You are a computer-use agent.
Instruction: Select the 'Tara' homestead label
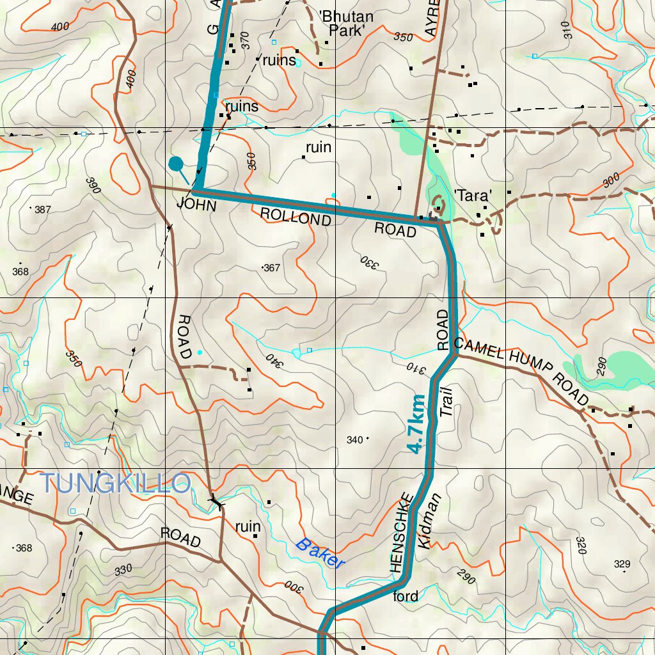pos(472,196)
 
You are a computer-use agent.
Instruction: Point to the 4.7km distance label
pos(416,424)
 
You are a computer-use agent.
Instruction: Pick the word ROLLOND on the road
pos(296,216)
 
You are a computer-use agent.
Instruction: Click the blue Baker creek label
pos(320,553)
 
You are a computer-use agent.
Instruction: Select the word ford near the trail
pos(406,596)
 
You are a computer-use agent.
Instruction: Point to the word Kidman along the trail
pos(429,521)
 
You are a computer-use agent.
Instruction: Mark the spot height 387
pos(42,210)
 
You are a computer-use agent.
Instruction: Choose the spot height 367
pos(272,268)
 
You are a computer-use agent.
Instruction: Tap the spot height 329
pos(622,564)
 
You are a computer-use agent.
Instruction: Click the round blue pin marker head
pos(175,164)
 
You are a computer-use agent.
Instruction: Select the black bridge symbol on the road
pos(217,503)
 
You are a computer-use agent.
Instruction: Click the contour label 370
pos(244,41)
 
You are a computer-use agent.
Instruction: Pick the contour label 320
pos(581,545)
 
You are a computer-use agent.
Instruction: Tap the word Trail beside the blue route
pos(447,402)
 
